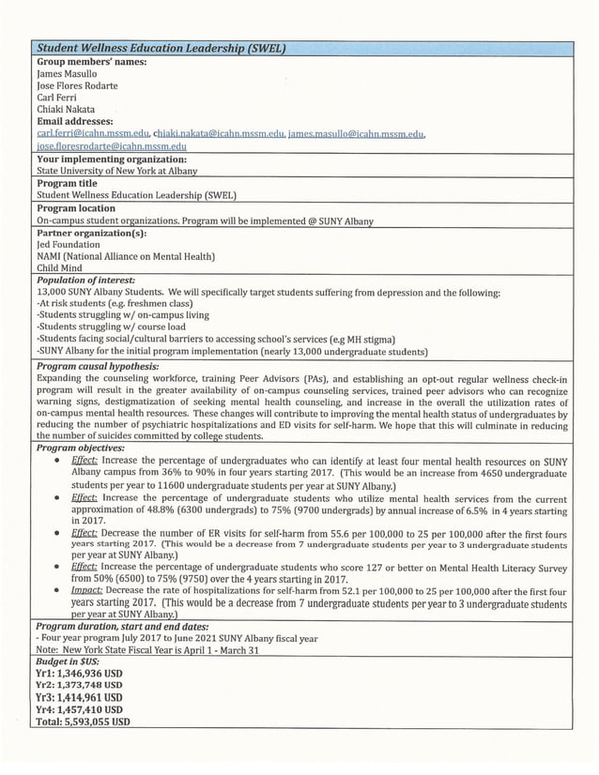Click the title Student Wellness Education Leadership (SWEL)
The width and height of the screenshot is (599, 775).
(160, 49)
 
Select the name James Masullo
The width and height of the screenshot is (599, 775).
(68, 73)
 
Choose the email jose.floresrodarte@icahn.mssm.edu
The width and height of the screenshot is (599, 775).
(111, 146)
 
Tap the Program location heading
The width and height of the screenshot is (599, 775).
(76, 208)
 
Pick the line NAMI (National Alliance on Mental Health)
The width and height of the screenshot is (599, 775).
(126, 256)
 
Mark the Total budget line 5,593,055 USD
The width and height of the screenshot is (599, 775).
(83, 722)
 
